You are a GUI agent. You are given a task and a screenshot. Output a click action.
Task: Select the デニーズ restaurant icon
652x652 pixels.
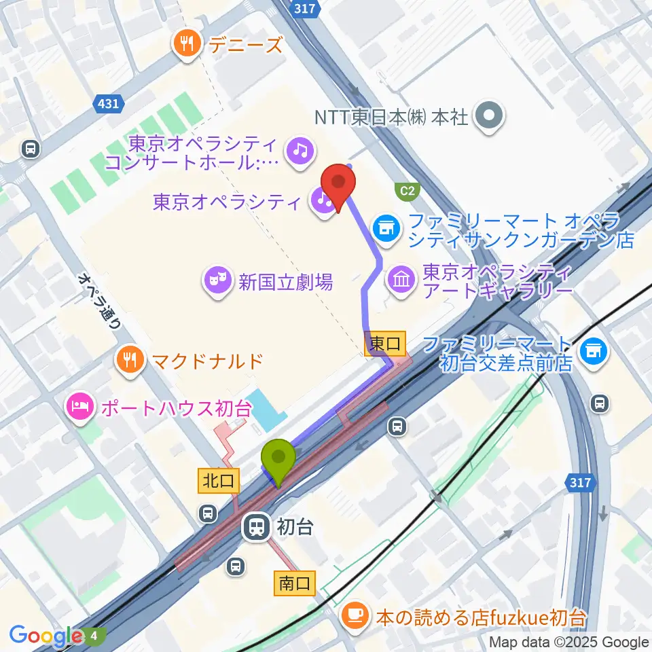pos(185,45)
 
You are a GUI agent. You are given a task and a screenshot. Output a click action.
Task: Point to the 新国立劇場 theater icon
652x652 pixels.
pos(217,281)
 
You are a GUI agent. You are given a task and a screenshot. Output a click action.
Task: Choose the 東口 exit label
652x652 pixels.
pos(385,344)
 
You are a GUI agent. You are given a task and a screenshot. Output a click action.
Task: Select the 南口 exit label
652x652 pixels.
pos(295,583)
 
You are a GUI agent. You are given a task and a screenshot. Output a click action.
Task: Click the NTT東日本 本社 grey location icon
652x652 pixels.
pos(490,116)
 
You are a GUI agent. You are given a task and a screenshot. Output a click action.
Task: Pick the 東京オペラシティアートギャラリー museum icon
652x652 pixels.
pos(401,280)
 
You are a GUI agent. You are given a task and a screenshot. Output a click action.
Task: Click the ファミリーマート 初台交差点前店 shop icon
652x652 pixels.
pos(595,350)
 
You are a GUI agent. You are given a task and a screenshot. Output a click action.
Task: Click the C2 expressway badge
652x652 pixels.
pos(406,191)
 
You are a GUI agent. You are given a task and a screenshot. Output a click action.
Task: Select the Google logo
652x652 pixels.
pos(46,636)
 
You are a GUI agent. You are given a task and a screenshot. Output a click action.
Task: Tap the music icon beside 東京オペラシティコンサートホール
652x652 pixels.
pos(300,149)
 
